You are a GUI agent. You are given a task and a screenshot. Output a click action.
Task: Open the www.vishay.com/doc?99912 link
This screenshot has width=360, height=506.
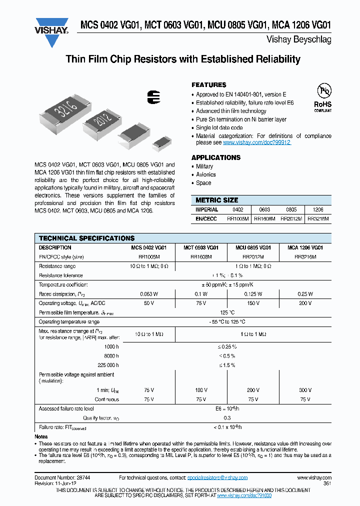pyautogui.click(x=256, y=142)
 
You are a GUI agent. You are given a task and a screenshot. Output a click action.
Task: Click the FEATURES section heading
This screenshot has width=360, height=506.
pyautogui.click(x=209, y=85)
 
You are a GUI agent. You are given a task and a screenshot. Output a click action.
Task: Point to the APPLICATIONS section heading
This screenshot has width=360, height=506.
pyautogui.click(x=216, y=157)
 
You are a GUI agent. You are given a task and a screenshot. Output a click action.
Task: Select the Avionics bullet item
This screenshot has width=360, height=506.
pyautogui.click(x=205, y=174)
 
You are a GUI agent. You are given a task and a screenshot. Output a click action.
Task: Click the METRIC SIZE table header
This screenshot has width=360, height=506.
pyautogui.click(x=216, y=200)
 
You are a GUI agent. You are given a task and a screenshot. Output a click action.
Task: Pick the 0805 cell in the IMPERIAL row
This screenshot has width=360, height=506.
pyautogui.click(x=291, y=210)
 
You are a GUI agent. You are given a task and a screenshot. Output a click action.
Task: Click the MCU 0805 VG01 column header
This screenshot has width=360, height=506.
pyautogui.click(x=252, y=247)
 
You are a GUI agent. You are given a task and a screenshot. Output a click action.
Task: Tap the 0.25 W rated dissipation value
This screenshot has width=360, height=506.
pyautogui.click(x=305, y=294)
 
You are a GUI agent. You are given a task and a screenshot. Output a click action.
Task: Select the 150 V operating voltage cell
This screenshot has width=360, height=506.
pyautogui.click(x=252, y=303)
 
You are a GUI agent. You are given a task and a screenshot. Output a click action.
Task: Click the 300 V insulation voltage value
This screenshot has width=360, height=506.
pyautogui.click(x=305, y=390)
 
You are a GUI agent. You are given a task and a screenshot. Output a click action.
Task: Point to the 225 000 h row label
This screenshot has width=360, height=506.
pyautogui.click(x=108, y=365)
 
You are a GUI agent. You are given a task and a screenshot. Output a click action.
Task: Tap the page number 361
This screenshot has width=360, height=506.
pyautogui.click(x=327, y=483)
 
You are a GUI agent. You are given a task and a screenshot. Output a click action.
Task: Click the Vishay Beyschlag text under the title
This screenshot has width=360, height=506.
pyautogui.click(x=305, y=40)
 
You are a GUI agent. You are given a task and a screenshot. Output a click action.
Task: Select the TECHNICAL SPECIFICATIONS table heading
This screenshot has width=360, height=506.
pyautogui.click(x=86, y=238)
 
